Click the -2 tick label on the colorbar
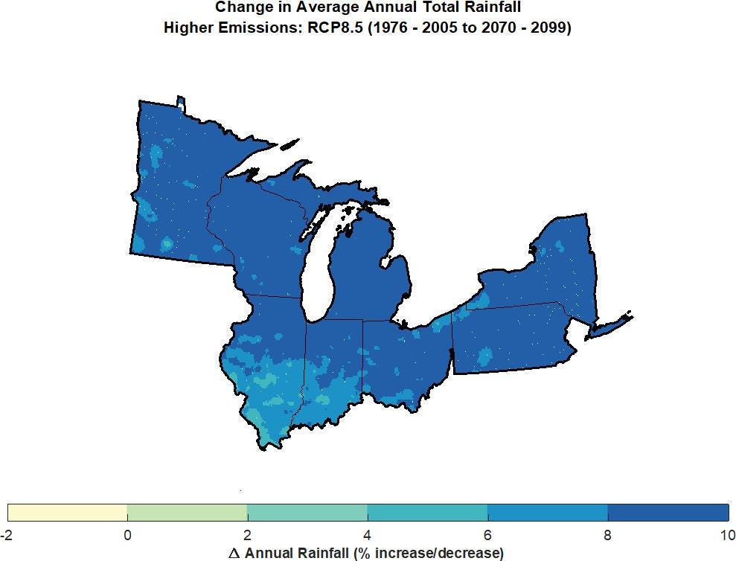click(x=7, y=535)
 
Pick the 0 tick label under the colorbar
click(x=127, y=535)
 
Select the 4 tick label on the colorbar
click(x=368, y=535)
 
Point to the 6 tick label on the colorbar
click(x=487, y=535)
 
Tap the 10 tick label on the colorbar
click(x=727, y=535)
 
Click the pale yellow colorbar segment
click(x=68, y=513)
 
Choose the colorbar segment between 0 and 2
click(x=188, y=513)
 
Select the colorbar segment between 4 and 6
click(x=427, y=513)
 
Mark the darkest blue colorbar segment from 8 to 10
click(x=668, y=513)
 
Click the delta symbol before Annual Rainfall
click(x=234, y=553)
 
